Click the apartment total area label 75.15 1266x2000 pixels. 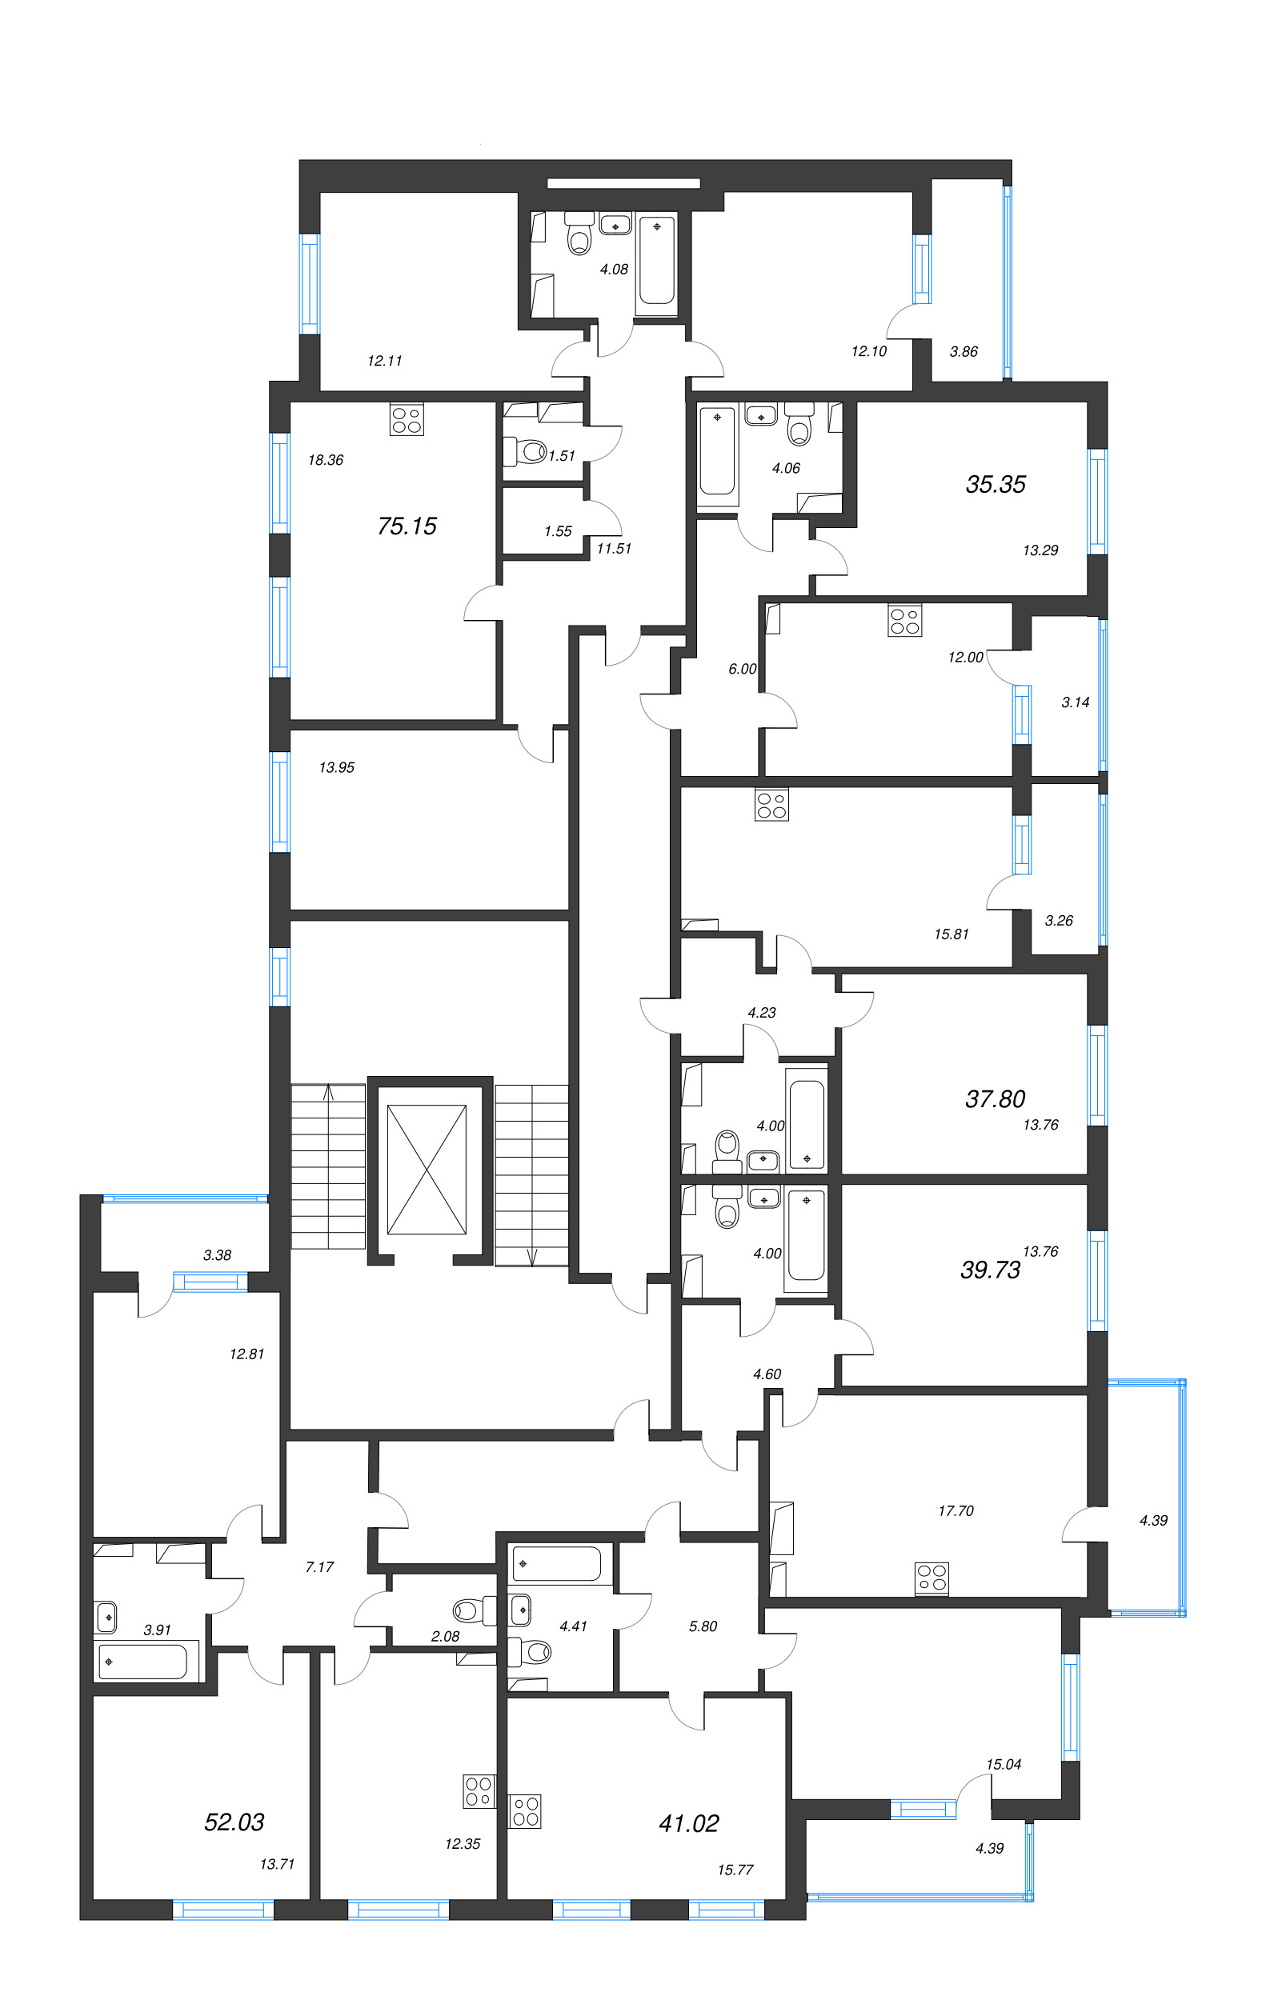[407, 526]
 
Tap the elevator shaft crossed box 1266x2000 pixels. [427, 1169]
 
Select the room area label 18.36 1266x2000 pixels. [325, 460]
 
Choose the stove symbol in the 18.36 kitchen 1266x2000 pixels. [407, 419]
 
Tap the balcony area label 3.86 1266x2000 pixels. [963, 351]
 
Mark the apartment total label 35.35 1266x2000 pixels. [995, 484]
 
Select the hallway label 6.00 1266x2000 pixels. [742, 669]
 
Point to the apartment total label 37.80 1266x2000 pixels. [995, 1099]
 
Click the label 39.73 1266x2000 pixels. [989, 1269]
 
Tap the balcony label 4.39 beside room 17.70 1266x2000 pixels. [1152, 1521]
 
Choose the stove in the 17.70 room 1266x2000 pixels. [931, 1579]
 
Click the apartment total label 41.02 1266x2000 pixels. [688, 1823]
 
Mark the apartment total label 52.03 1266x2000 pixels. [234, 1822]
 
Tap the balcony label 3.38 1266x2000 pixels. [217, 1255]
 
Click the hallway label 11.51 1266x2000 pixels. [613, 548]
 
